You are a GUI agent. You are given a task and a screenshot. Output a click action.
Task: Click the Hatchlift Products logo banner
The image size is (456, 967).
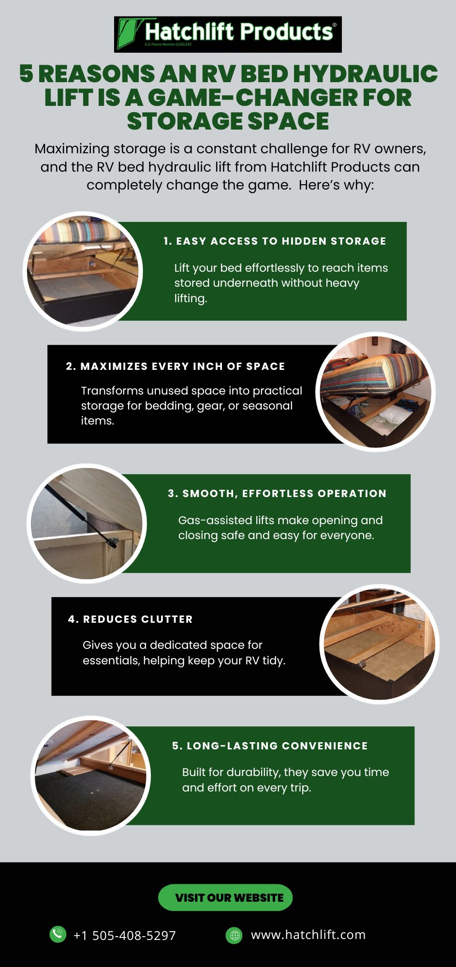pyautogui.click(x=228, y=34)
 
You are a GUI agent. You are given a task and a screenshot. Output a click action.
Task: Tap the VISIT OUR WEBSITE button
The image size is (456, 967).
pyautogui.click(x=225, y=897)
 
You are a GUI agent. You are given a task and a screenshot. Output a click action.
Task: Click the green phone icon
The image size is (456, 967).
pyautogui.click(x=58, y=934)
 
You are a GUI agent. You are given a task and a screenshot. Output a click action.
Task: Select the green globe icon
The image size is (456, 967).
pyautogui.click(x=235, y=935)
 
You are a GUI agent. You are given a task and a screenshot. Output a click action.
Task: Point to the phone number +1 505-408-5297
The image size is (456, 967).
pyautogui.click(x=124, y=936)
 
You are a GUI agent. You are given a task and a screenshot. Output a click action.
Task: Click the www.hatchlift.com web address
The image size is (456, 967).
pyautogui.click(x=308, y=935)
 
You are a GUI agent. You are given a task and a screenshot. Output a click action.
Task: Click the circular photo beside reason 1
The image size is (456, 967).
pyautogui.click(x=83, y=271)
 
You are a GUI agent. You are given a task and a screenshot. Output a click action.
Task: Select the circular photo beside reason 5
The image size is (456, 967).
pyautogui.click(x=90, y=776)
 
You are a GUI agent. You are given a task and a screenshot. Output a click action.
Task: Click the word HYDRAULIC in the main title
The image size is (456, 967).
pyautogui.click(x=365, y=74)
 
